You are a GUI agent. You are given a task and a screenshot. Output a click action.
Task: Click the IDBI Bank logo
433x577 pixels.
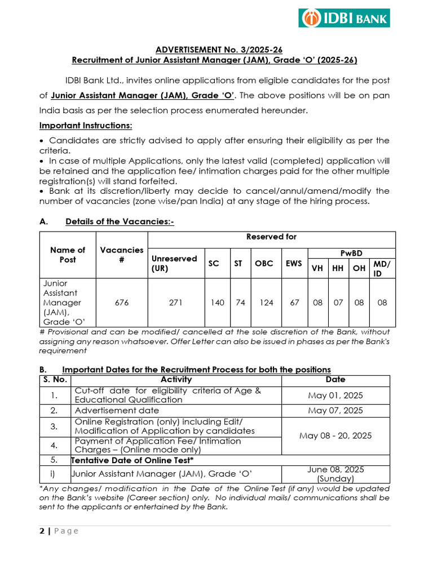pyautogui.click(x=344, y=18)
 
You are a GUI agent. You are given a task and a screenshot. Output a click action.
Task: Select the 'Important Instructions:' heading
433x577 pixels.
pyautogui.click(x=86, y=125)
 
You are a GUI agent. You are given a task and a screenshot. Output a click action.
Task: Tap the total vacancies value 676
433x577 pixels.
pyautogui.click(x=122, y=303)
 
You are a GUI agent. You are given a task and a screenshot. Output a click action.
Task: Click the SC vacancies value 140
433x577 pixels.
pyautogui.click(x=217, y=303)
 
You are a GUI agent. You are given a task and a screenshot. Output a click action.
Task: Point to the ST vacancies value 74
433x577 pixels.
pyautogui.click(x=240, y=303)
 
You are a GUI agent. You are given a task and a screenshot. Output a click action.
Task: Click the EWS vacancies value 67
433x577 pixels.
pyautogui.click(x=294, y=303)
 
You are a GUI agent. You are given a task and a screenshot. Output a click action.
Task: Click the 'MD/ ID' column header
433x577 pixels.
pyautogui.click(x=382, y=268)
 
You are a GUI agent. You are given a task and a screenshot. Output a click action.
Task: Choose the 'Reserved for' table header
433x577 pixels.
pyautogui.click(x=271, y=237)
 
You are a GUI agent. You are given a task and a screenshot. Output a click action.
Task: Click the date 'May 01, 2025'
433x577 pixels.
pyautogui.click(x=335, y=395)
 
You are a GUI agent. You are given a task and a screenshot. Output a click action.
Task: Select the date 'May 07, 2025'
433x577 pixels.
pyautogui.click(x=335, y=411)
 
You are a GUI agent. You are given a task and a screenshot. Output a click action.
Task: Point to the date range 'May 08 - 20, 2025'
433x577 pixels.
pyautogui.click(x=335, y=436)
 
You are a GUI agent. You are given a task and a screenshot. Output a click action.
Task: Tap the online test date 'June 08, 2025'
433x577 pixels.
pyautogui.click(x=335, y=469)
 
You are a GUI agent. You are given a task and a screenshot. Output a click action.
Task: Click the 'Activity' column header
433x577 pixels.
pyautogui.click(x=176, y=380)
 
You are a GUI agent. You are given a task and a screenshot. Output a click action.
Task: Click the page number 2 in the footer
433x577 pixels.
pyautogui.click(x=42, y=531)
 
